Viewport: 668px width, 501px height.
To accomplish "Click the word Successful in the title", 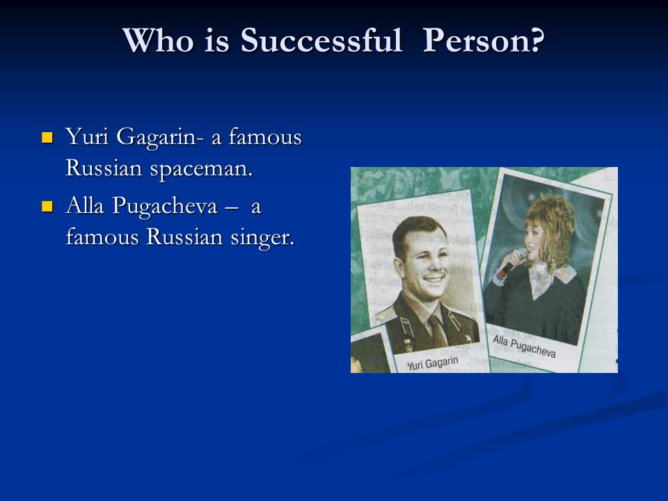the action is [321, 40].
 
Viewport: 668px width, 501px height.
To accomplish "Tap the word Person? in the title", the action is [484, 40].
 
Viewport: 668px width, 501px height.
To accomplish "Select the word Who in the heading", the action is [158, 40].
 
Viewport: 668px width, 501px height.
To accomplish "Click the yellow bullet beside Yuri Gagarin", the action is [47, 138].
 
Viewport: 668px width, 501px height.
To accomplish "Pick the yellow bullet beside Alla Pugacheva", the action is [47, 207].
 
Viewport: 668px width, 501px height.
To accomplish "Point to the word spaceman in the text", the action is [201, 170].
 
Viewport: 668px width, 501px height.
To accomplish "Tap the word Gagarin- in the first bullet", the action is [157, 138].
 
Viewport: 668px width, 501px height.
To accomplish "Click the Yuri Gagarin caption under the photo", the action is [432, 363].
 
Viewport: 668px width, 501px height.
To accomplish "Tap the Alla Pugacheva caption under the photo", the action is [524, 346].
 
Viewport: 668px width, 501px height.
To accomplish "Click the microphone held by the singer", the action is [512, 262].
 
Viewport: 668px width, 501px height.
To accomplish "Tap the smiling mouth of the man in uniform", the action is [434, 280].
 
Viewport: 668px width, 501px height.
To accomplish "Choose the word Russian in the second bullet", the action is [184, 237].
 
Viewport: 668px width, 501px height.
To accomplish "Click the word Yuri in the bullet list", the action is [87, 137].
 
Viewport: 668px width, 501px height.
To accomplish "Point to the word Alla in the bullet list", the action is [85, 205].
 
